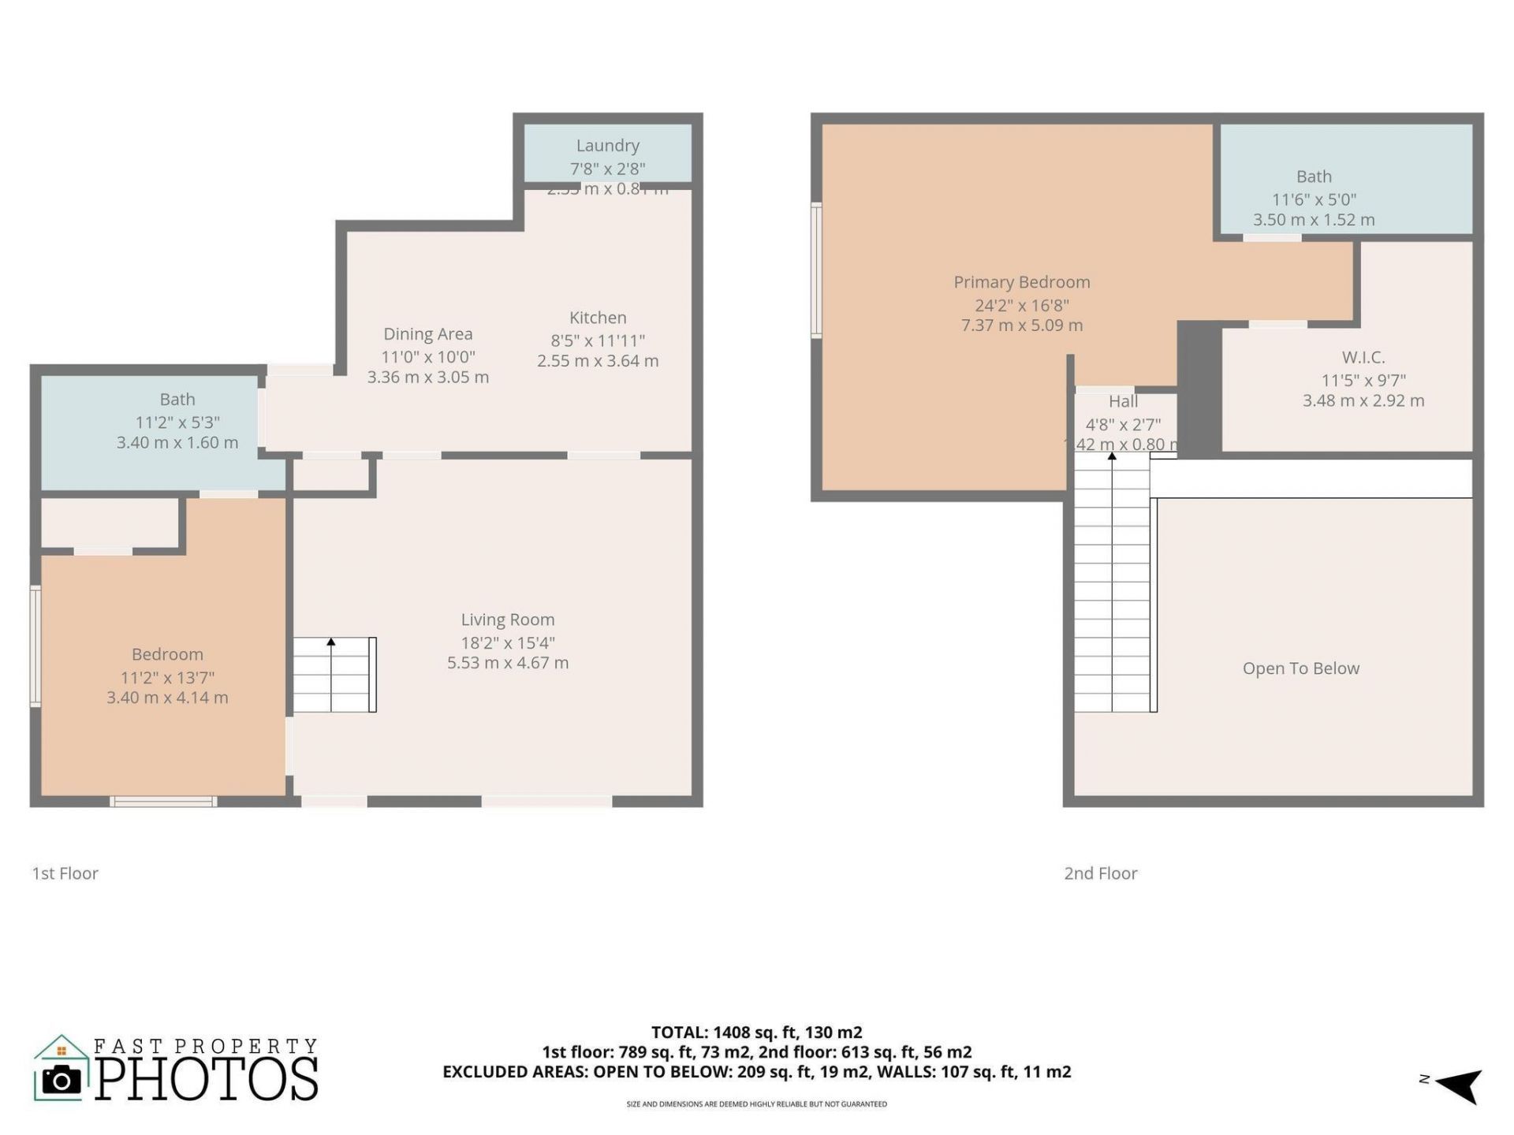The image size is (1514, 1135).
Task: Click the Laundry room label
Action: point(607,146)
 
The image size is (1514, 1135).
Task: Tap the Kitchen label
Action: point(598,318)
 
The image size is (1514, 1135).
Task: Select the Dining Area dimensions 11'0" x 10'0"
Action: point(428,356)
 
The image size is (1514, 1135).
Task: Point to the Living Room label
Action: point(508,620)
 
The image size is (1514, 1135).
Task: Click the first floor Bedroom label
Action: point(167,654)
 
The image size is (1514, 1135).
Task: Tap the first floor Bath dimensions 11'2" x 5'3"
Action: point(177,422)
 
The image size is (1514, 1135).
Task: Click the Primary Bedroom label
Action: point(1021,282)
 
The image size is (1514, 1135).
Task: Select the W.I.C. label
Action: point(1363,357)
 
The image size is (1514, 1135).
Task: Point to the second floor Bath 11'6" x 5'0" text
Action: point(1314,199)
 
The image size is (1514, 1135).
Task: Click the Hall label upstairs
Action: point(1123,401)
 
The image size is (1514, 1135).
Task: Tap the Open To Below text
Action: point(1300,668)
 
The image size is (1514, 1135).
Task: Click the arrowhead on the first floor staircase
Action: point(331,642)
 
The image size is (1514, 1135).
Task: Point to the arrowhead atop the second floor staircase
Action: point(1112,456)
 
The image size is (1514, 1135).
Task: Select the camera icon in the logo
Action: point(62,1079)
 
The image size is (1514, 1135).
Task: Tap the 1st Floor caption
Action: point(65,873)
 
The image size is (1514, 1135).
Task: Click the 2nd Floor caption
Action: point(1100,873)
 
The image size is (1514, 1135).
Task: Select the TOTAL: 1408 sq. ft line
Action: point(756,1032)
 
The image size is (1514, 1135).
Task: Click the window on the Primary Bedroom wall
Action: point(817,270)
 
